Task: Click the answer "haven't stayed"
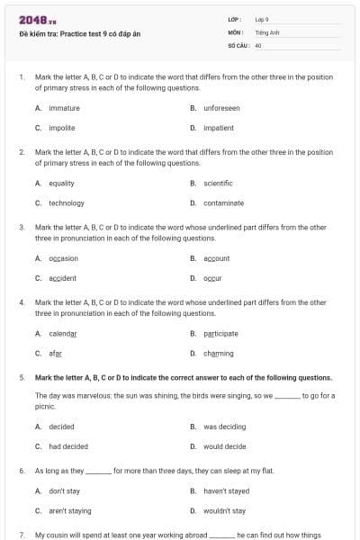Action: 224,490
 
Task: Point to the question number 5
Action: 22,377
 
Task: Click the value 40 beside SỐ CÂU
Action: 258,43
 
